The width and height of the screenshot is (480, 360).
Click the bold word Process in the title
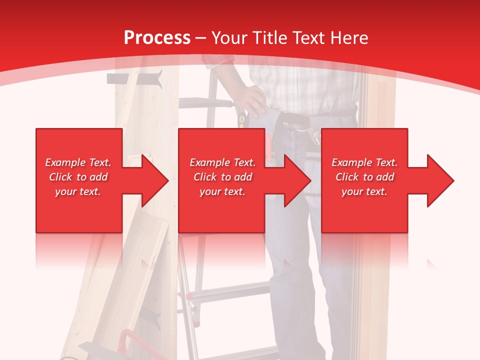point(157,37)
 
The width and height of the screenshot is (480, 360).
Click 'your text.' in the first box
point(77,191)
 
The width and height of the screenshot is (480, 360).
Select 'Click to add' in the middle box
point(222,177)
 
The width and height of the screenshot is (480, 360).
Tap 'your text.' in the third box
point(364,191)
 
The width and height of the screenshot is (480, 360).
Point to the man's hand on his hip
point(250,98)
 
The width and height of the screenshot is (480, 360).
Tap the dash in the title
point(201,38)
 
